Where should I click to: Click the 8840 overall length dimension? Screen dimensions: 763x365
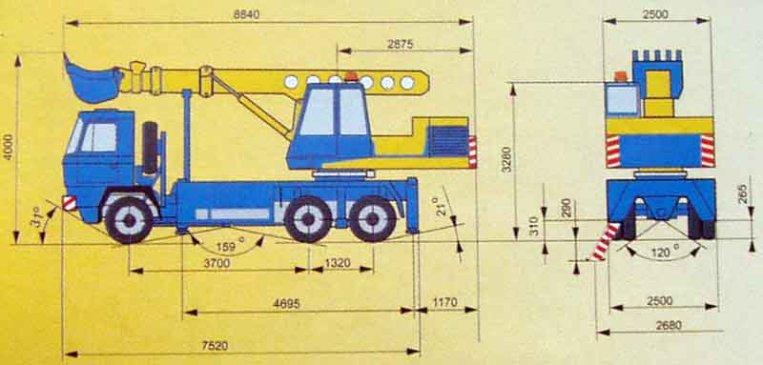tap(246, 15)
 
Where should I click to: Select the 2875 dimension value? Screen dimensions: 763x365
tap(400, 44)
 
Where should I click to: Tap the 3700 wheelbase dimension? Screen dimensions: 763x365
tap(217, 263)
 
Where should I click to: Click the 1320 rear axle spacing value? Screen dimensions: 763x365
tap(338, 263)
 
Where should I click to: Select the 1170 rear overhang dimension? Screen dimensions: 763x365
tap(444, 302)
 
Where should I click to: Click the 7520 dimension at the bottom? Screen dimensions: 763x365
tap(215, 346)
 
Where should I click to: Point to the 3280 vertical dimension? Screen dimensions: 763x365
tap(506, 158)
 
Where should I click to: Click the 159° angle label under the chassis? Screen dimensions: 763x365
tap(227, 247)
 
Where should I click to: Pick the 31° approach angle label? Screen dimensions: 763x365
tap(39, 223)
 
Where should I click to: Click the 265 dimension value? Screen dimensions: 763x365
tap(744, 193)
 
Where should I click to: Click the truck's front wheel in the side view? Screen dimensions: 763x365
tap(129, 220)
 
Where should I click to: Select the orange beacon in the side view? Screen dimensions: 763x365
tap(351, 76)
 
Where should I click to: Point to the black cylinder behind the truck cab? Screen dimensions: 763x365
tap(151, 148)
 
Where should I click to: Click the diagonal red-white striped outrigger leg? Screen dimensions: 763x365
tap(604, 241)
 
